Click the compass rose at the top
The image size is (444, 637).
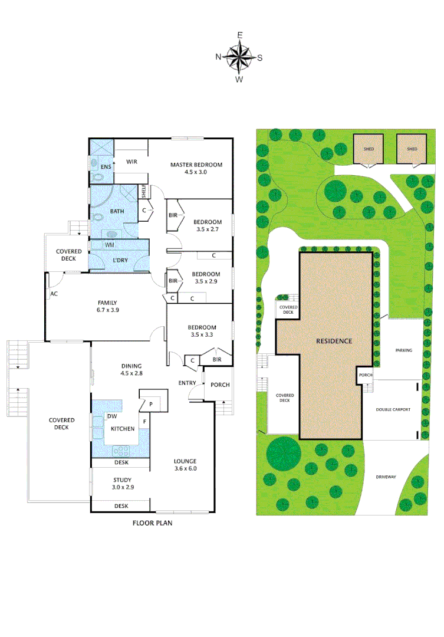[x=239, y=57]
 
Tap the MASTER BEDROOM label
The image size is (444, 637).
[x=196, y=168]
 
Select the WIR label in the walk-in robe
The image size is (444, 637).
[x=131, y=160]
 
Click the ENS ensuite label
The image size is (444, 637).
[x=106, y=167]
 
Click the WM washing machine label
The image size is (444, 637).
[x=110, y=244]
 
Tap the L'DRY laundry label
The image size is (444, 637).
[x=120, y=260]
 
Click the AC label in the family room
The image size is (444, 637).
[x=54, y=293]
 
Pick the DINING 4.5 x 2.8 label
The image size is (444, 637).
[x=132, y=369]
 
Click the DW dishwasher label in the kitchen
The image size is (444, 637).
[x=111, y=416]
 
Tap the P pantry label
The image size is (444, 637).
[x=151, y=405]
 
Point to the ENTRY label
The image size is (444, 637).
[x=188, y=383]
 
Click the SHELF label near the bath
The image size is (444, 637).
[x=143, y=192]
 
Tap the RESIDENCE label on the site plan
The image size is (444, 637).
[x=334, y=341]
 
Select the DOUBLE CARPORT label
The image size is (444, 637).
[x=393, y=409]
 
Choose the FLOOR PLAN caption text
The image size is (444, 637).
[x=152, y=523]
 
